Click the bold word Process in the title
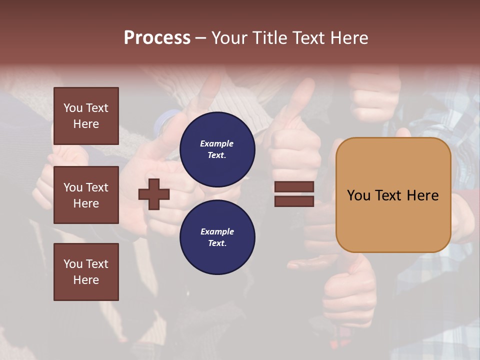click(x=157, y=38)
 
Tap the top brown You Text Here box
click(x=86, y=116)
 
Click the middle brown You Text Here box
click(x=86, y=195)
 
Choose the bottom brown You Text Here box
click(x=86, y=272)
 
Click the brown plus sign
click(x=154, y=193)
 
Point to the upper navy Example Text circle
click(x=217, y=149)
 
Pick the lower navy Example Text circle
click(x=217, y=237)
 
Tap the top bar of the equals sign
click(x=294, y=186)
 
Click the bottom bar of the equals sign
click(x=294, y=201)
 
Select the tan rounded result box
click(x=393, y=194)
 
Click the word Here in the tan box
click(x=422, y=195)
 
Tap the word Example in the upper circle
click(x=216, y=143)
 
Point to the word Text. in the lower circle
click(x=216, y=243)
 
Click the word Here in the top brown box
click(x=86, y=124)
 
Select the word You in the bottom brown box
click(x=73, y=264)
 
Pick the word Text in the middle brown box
click(x=96, y=187)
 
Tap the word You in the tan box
click(x=359, y=195)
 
